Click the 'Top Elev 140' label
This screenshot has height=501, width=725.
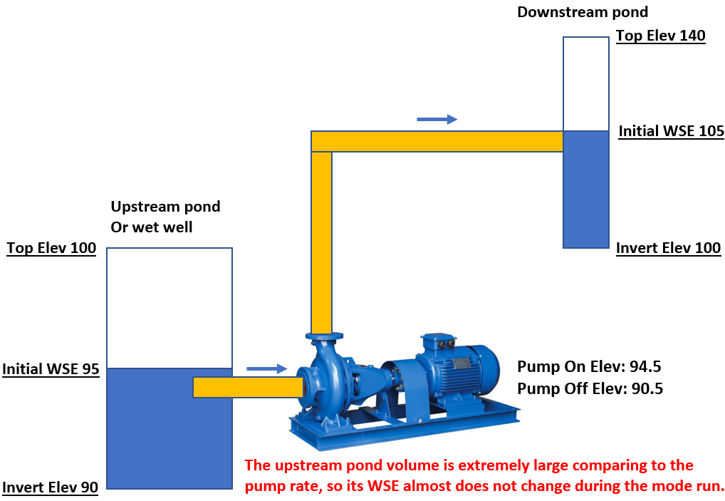pyautogui.click(x=661, y=36)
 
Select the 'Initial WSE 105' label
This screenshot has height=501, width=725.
pyautogui.click(x=672, y=131)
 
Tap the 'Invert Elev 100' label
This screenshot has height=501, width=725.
pyautogui.click(x=668, y=248)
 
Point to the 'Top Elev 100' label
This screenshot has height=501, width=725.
pyautogui.click(x=51, y=248)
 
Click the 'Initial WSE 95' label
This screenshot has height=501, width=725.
pyautogui.click(x=51, y=369)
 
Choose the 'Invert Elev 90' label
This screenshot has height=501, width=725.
pyautogui.click(x=51, y=487)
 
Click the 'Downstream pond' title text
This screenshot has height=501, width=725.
pyautogui.click(x=583, y=12)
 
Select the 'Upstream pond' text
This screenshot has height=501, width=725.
pyautogui.click(x=165, y=207)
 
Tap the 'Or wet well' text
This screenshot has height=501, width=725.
pyautogui.click(x=152, y=227)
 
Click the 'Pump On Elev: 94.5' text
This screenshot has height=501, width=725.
pyautogui.click(x=589, y=366)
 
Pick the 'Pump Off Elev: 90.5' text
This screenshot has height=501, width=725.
pyautogui.click(x=590, y=388)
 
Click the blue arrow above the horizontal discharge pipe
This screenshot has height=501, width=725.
pyautogui.click(x=437, y=119)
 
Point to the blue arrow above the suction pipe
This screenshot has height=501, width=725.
pyautogui.click(x=267, y=368)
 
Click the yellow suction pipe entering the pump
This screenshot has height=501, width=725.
pyautogui.click(x=248, y=387)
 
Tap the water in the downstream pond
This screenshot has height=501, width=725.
pyautogui.click(x=586, y=190)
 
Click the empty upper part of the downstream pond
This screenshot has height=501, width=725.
pyautogui.click(x=586, y=84)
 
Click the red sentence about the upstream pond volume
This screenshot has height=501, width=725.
pyautogui.click(x=484, y=475)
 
